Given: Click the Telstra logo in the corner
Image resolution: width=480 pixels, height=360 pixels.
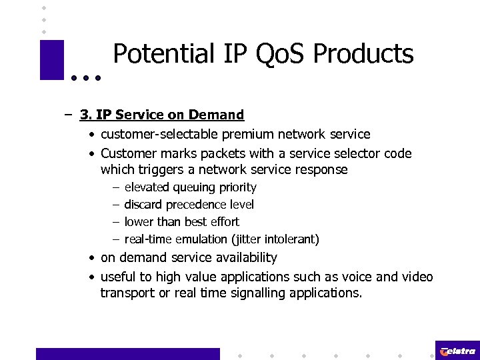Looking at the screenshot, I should pyautogui.click(x=457, y=351).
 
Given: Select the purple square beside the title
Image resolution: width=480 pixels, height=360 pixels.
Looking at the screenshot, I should pyautogui.click(x=52, y=60).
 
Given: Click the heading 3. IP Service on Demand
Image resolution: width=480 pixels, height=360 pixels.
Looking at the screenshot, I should pyautogui.click(x=162, y=115).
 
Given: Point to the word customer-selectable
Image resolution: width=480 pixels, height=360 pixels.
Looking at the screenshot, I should pyautogui.click(x=156, y=135).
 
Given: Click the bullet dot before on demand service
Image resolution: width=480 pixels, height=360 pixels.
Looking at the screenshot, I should pyautogui.click(x=91, y=258).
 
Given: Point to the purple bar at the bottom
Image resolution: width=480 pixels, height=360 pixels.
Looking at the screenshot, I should pyautogui.click(x=127, y=353).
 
